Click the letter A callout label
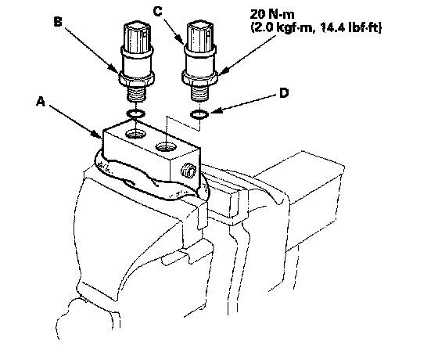(x=41, y=102)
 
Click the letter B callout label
(x=58, y=22)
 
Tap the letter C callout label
(x=157, y=12)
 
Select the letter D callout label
(x=283, y=93)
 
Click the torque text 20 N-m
(x=272, y=14)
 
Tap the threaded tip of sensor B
(x=136, y=93)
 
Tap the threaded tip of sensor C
(x=200, y=93)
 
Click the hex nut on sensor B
(x=136, y=78)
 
